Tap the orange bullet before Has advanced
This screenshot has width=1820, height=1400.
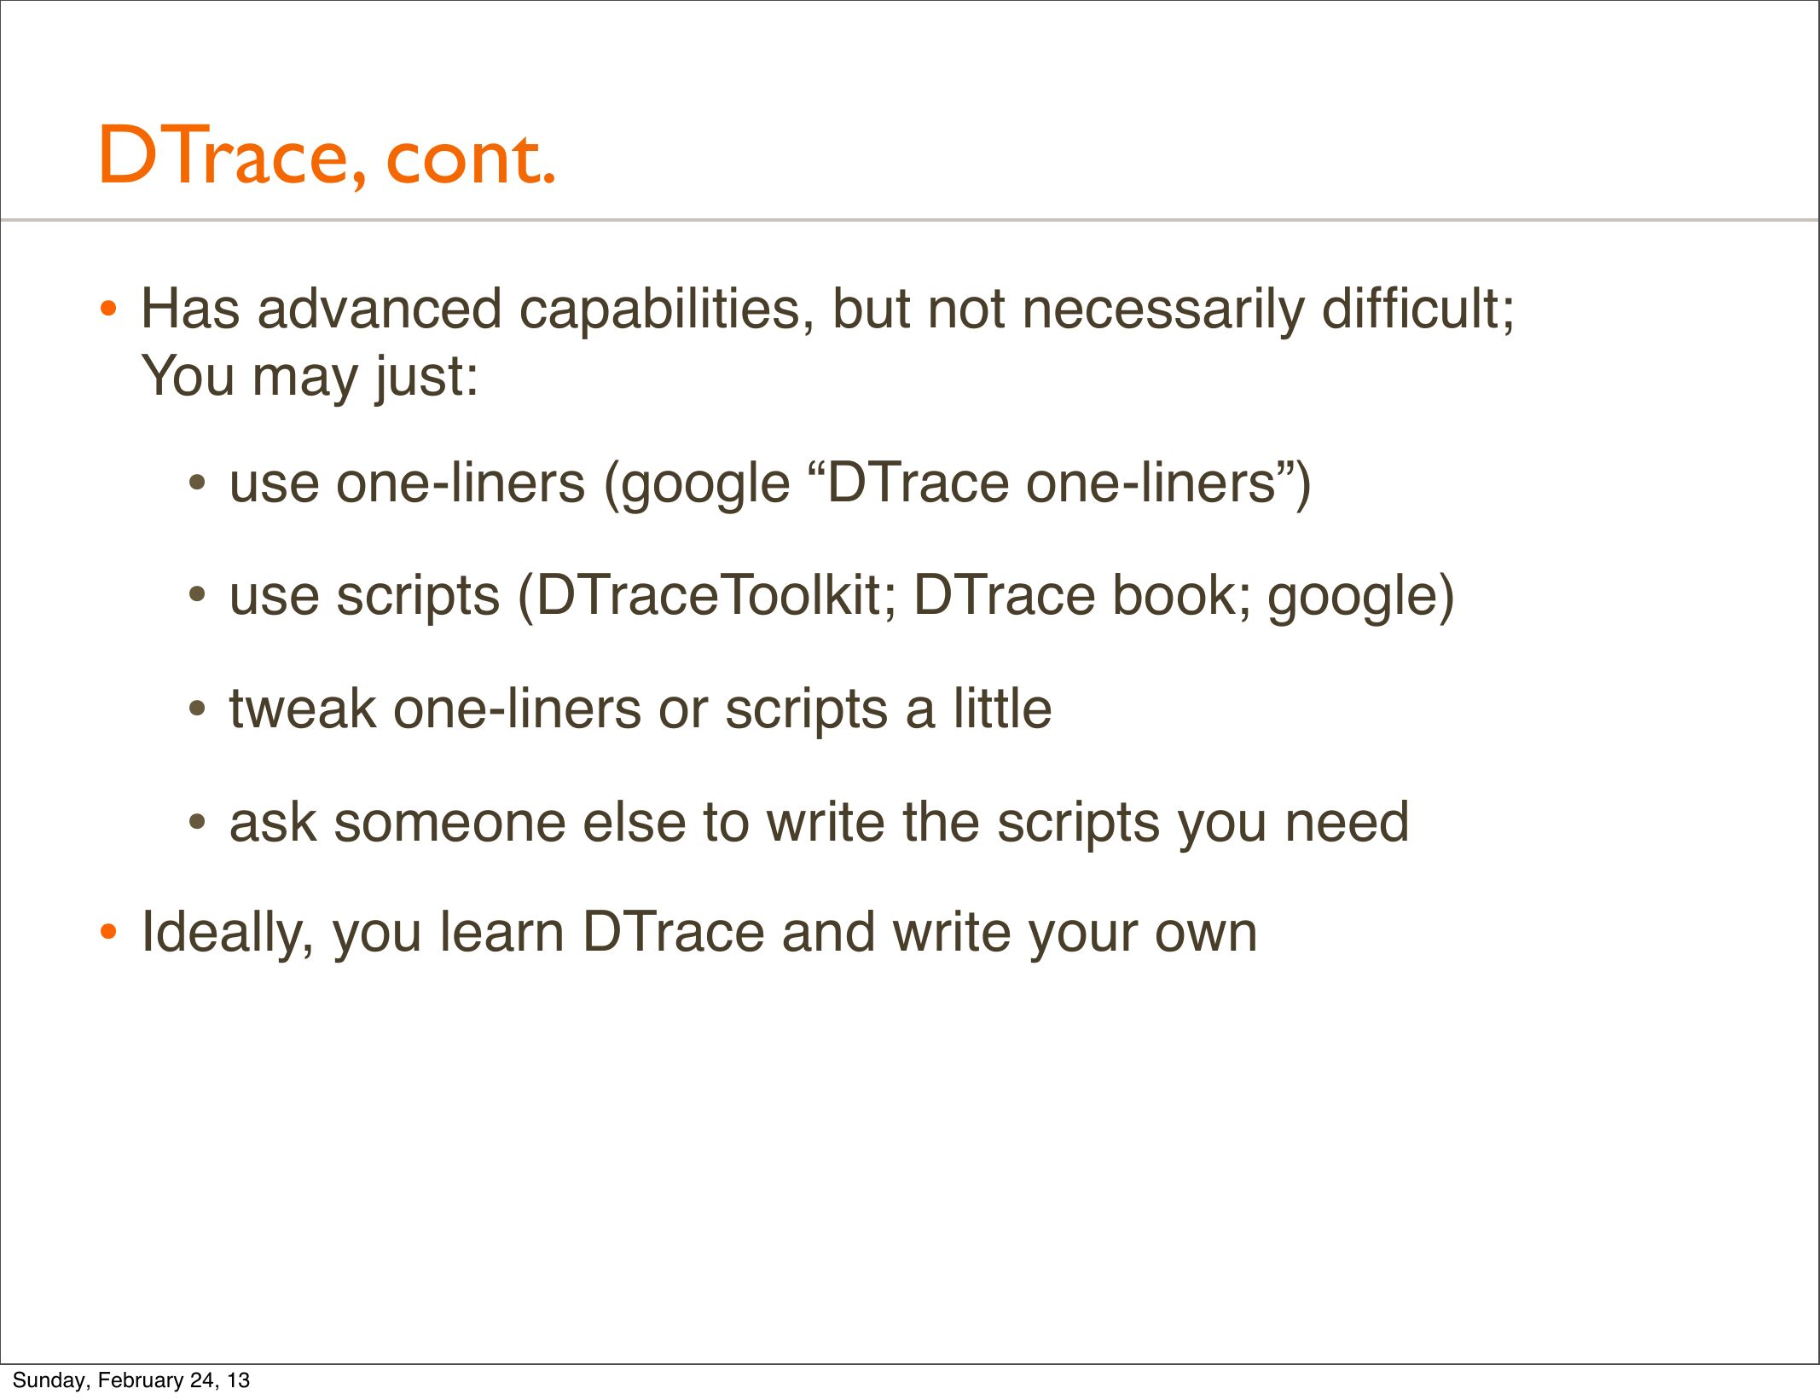tap(107, 310)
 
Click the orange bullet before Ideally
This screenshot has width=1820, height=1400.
tap(107, 932)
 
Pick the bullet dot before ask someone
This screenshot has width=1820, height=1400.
tap(197, 823)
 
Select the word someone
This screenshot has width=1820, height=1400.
tap(449, 823)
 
